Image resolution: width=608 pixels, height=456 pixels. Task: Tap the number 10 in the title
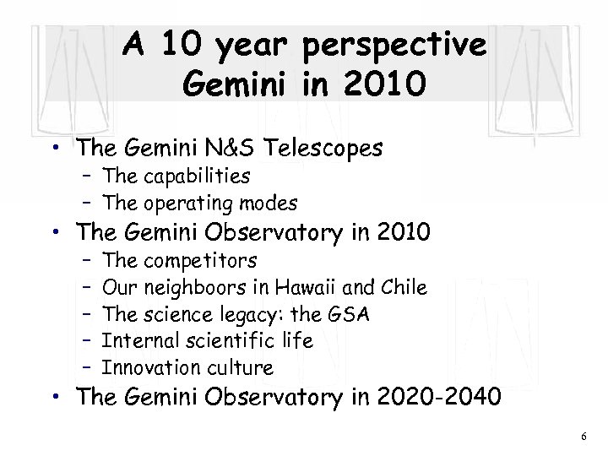coord(185,45)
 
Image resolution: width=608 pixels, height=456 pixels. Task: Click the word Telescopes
coord(325,149)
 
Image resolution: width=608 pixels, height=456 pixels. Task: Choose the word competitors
coord(197,260)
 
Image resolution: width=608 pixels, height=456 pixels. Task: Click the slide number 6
coord(583,436)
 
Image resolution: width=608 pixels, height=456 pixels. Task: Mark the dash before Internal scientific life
coord(87,341)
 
